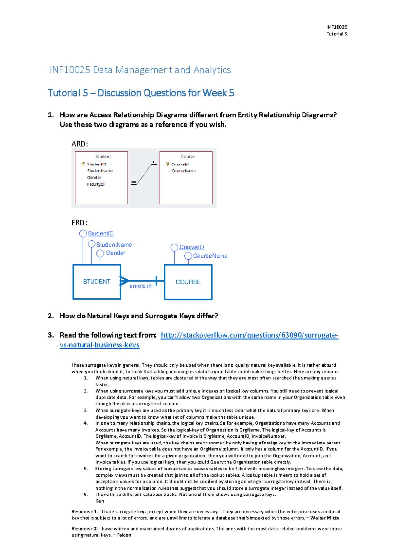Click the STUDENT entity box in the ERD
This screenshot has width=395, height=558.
pyautogui.click(x=96, y=282)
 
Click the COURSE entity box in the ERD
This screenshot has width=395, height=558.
pyautogui.click(x=188, y=282)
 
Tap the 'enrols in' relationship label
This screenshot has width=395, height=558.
pyautogui.click(x=141, y=286)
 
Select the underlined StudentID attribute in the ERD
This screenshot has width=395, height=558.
pyautogui.click(x=100, y=233)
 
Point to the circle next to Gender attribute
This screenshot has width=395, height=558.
pyautogui.click(x=100, y=253)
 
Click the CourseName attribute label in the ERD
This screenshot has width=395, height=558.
pyautogui.click(x=210, y=256)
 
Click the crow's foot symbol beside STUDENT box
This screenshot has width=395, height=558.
pyautogui.click(x=124, y=281)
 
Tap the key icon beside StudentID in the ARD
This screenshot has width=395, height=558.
pyautogui.click(x=83, y=164)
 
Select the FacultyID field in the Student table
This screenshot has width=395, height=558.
pyautogui.click(x=95, y=184)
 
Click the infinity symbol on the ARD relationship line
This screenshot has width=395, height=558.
pyautogui.click(x=134, y=182)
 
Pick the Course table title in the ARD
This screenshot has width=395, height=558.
pyautogui.click(x=187, y=156)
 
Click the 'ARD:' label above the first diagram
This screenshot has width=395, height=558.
pyautogui.click(x=80, y=144)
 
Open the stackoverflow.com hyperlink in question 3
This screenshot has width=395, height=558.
pyautogui.click(x=249, y=335)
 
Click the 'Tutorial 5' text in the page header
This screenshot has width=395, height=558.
pyautogui.click(x=336, y=34)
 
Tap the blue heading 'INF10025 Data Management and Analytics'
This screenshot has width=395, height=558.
pyautogui.click(x=140, y=70)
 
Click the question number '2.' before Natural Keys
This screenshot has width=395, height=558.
pyautogui.click(x=51, y=316)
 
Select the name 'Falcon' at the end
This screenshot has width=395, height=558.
pyautogui.click(x=124, y=535)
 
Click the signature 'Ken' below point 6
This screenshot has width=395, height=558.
pyautogui.click(x=99, y=501)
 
